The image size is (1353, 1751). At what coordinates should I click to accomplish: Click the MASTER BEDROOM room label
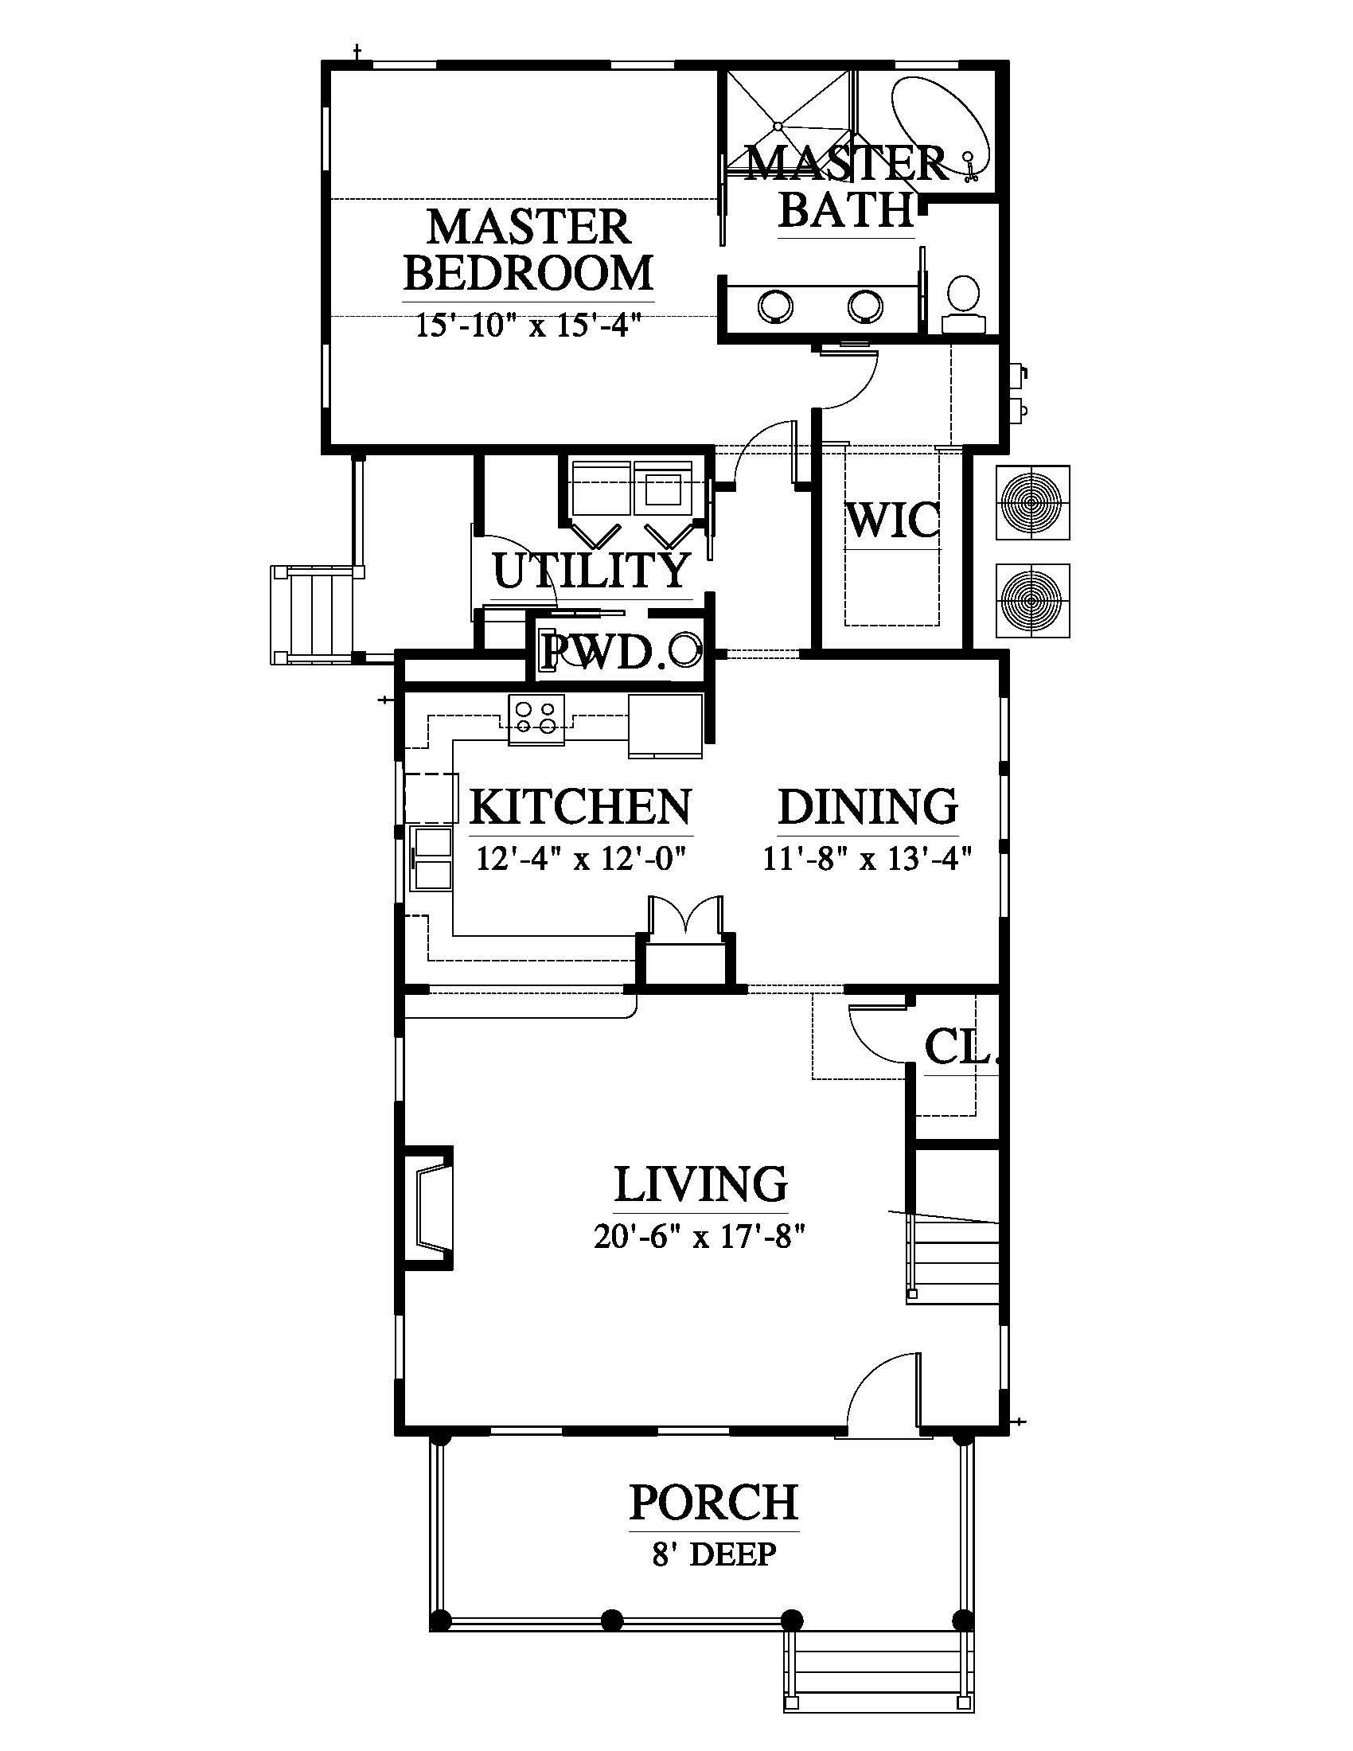pos(529,250)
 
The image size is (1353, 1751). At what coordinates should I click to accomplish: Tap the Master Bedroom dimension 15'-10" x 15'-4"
pos(529,326)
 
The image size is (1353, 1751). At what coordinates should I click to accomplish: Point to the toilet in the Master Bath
pos(963,304)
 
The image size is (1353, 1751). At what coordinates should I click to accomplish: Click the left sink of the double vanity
pos(776,304)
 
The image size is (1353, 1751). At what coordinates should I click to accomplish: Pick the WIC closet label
pos(891,521)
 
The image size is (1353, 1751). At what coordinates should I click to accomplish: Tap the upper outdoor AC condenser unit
pos(1032,503)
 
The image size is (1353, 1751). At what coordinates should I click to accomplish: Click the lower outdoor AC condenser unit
pos(1032,600)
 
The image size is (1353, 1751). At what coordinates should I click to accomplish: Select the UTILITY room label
pos(591,570)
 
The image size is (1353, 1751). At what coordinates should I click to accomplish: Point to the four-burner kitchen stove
pos(536,719)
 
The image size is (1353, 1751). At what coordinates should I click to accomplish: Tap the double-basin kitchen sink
pos(432,859)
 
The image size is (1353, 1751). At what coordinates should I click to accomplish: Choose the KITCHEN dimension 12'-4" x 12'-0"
pos(583,859)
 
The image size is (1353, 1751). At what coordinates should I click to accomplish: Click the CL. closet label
pos(961,1046)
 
